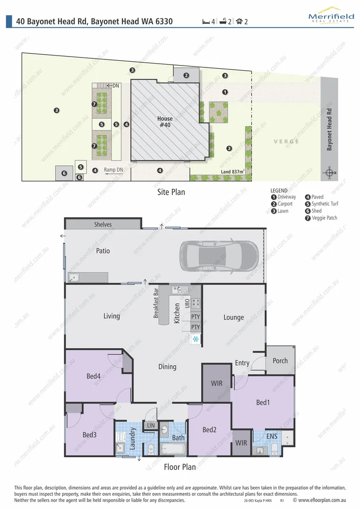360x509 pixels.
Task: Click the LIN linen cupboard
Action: tap(151, 425)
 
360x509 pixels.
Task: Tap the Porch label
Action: tap(280, 361)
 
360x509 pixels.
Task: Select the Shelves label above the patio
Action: tap(103, 224)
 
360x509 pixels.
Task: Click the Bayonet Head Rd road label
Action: tap(329, 130)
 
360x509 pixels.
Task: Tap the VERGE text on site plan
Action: tap(286, 141)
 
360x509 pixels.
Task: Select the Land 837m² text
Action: tap(233, 172)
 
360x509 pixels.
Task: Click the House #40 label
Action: tap(165, 122)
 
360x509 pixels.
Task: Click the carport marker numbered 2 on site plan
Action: tap(186, 75)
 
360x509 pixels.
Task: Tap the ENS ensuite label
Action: tap(272, 436)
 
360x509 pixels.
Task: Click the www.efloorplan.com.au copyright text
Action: tap(320, 501)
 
